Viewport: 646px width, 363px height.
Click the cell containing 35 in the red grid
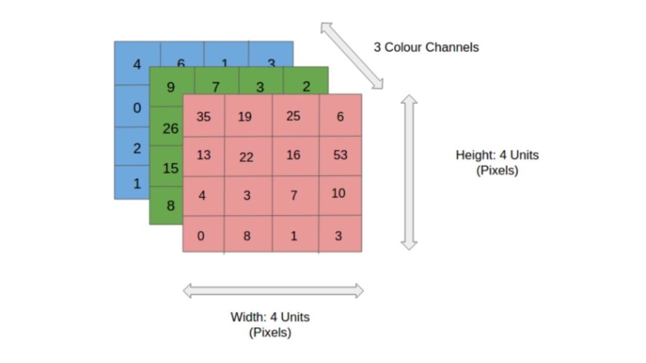[x=204, y=117]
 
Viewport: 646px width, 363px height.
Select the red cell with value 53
[x=340, y=154]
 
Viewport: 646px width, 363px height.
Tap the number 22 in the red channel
[x=246, y=157]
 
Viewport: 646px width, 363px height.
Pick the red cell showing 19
[x=245, y=117]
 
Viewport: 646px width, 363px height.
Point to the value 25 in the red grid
[x=293, y=117]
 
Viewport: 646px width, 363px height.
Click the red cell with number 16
[x=293, y=154]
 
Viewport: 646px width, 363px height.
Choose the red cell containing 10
[x=339, y=193]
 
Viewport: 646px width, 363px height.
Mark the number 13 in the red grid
[x=204, y=154]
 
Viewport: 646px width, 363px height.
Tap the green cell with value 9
[x=170, y=87]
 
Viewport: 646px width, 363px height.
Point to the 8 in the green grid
[x=170, y=205]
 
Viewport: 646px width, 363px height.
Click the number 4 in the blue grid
[x=137, y=64]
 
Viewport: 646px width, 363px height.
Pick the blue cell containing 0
[x=136, y=108]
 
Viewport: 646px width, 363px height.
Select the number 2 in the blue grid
[x=136, y=149]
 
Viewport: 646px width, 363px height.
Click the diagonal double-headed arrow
[x=351, y=55]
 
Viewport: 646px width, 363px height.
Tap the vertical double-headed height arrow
[x=409, y=171]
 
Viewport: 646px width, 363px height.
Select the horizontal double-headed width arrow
[x=273, y=291]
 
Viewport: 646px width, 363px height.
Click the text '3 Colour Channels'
[x=426, y=47]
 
